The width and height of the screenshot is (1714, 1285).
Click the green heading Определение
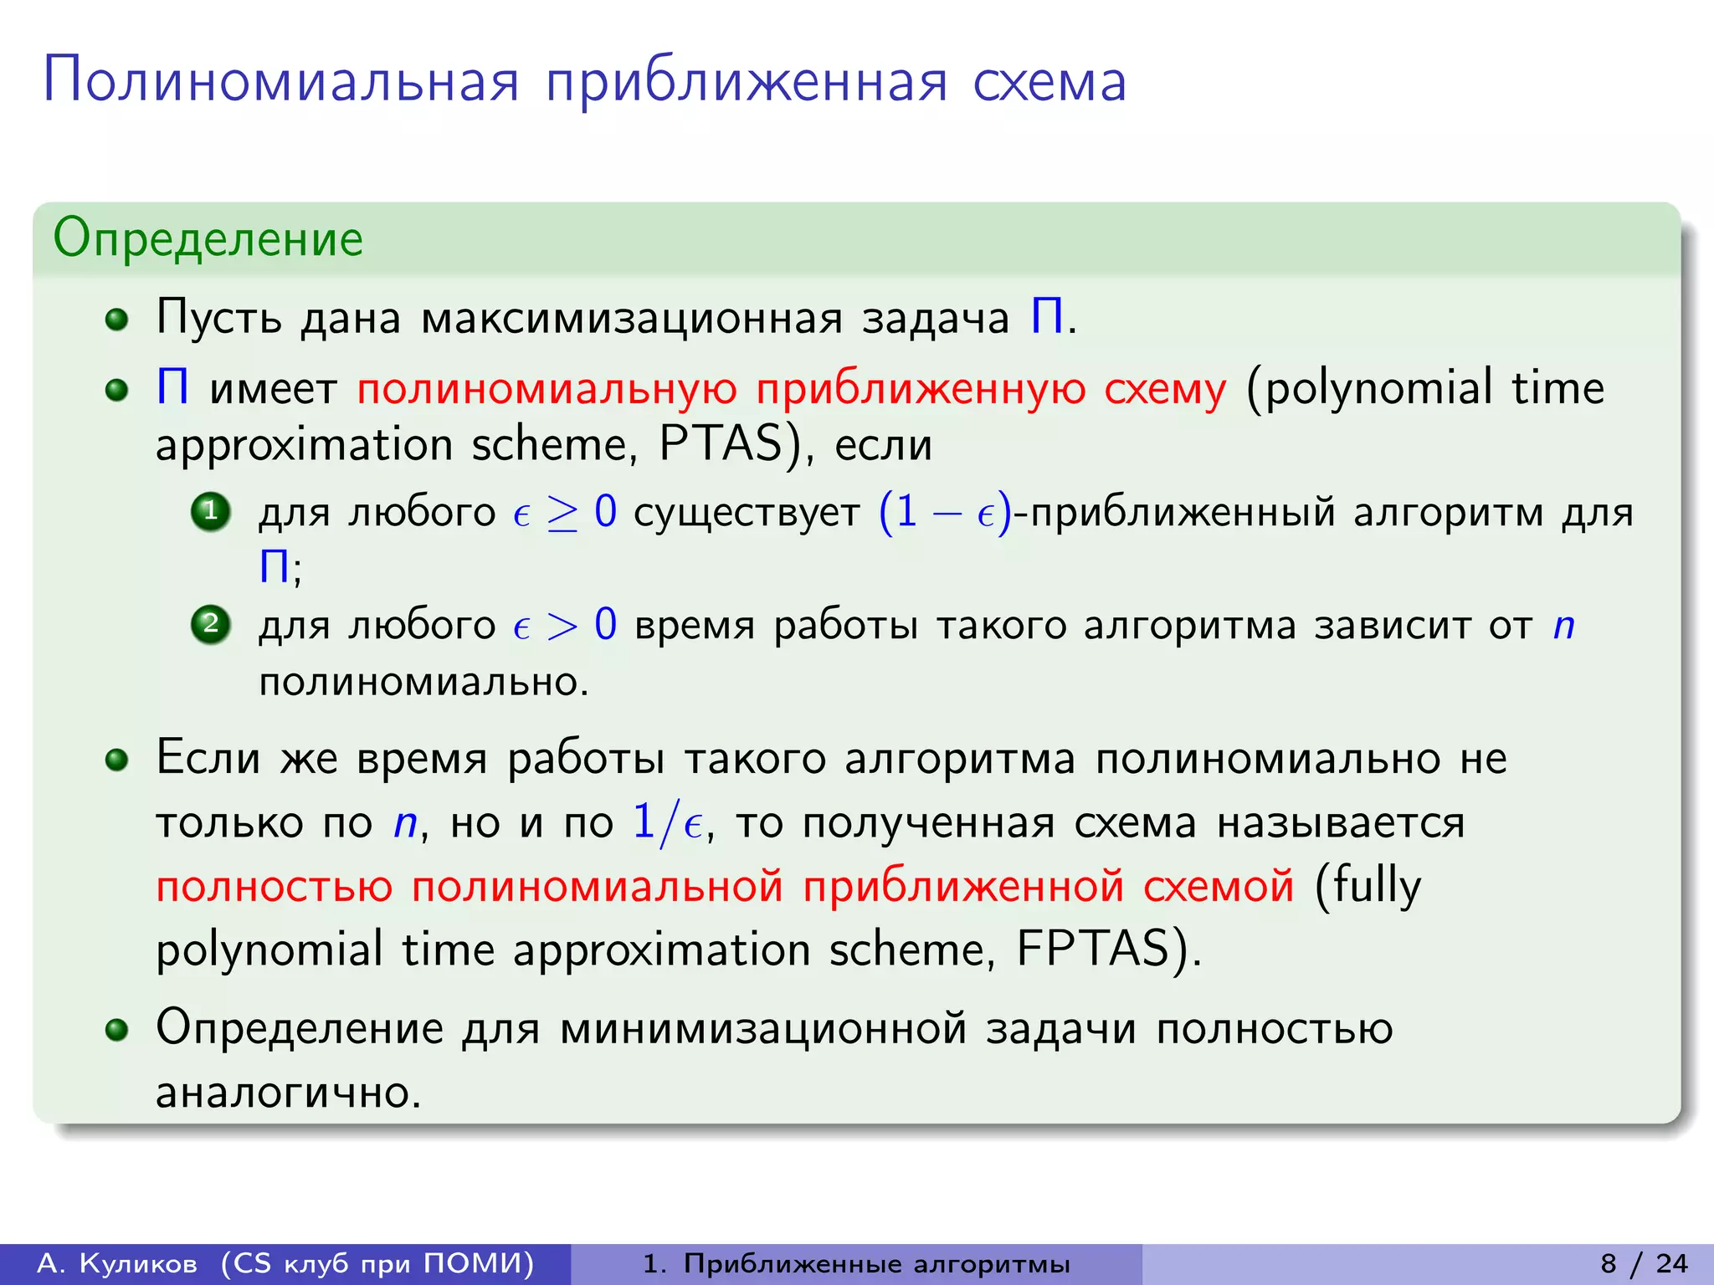(x=208, y=238)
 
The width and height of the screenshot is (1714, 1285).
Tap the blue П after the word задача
(x=1046, y=318)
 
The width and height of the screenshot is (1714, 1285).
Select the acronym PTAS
(x=720, y=443)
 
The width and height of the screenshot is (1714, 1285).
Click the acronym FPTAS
(x=1092, y=949)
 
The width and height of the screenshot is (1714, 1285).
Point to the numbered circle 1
(x=211, y=511)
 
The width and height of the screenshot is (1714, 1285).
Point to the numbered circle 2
(x=211, y=624)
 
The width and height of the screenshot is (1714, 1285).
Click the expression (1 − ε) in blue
(x=945, y=512)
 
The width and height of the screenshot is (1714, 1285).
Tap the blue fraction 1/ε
(x=667, y=822)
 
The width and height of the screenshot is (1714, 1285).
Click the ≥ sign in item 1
(x=562, y=513)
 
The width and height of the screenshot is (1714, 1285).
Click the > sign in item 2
(x=562, y=626)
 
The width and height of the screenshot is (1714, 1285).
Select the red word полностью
(x=275, y=886)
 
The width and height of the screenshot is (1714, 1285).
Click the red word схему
(x=1165, y=389)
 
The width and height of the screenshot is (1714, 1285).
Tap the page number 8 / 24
(x=1644, y=1263)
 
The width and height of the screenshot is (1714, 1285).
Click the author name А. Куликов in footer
(x=117, y=1263)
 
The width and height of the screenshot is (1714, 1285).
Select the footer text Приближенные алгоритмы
(x=876, y=1263)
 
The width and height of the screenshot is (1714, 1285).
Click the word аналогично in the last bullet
(x=288, y=1093)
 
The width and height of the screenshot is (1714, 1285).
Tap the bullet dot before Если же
(x=117, y=760)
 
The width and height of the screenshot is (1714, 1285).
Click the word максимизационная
(x=632, y=319)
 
